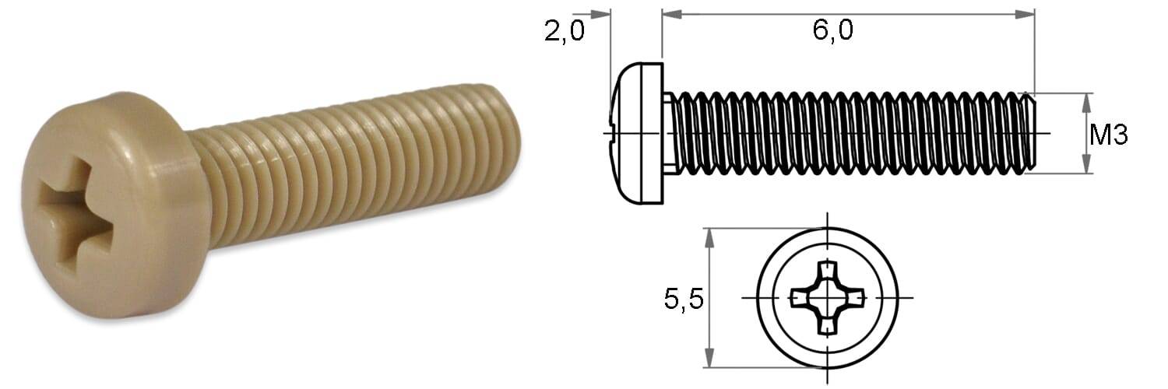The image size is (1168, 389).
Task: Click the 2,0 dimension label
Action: [x=565, y=31]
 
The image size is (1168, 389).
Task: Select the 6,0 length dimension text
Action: [x=832, y=29]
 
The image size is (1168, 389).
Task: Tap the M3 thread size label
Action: [x=1109, y=135]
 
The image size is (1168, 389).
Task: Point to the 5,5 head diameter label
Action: [x=684, y=299]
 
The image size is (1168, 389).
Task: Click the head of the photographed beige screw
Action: [x=112, y=205]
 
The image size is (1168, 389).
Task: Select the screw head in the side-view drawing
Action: [x=636, y=134]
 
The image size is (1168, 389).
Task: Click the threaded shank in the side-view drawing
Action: [x=850, y=133]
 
